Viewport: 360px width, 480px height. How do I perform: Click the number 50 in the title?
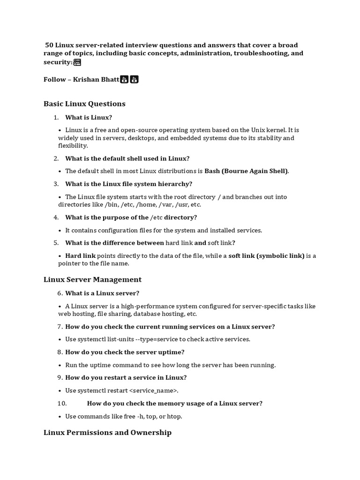pyautogui.click(x=49, y=45)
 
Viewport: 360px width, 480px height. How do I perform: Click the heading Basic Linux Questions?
pyautogui.click(x=84, y=104)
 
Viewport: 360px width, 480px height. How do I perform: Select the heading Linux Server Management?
pyautogui.click(x=92, y=279)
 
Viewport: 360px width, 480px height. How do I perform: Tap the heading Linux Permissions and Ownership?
pyautogui.click(x=107, y=432)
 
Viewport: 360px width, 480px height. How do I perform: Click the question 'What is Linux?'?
pyautogui.click(x=89, y=117)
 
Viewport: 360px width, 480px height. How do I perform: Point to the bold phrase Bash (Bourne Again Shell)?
pyautogui.click(x=247, y=171)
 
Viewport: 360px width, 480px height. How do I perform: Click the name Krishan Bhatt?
pyautogui.click(x=96, y=79)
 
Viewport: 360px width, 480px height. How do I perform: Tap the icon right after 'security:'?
pyautogui.click(x=77, y=62)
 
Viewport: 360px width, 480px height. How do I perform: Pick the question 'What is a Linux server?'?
pyautogui.click(x=102, y=293)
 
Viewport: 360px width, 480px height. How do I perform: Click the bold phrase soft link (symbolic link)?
pyautogui.click(x=266, y=255)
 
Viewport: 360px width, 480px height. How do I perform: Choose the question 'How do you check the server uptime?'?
pyautogui.click(x=125, y=352)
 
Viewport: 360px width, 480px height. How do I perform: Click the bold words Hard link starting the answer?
pyautogui.click(x=80, y=255)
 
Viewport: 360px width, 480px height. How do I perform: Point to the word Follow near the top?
pyautogui.click(x=55, y=79)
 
